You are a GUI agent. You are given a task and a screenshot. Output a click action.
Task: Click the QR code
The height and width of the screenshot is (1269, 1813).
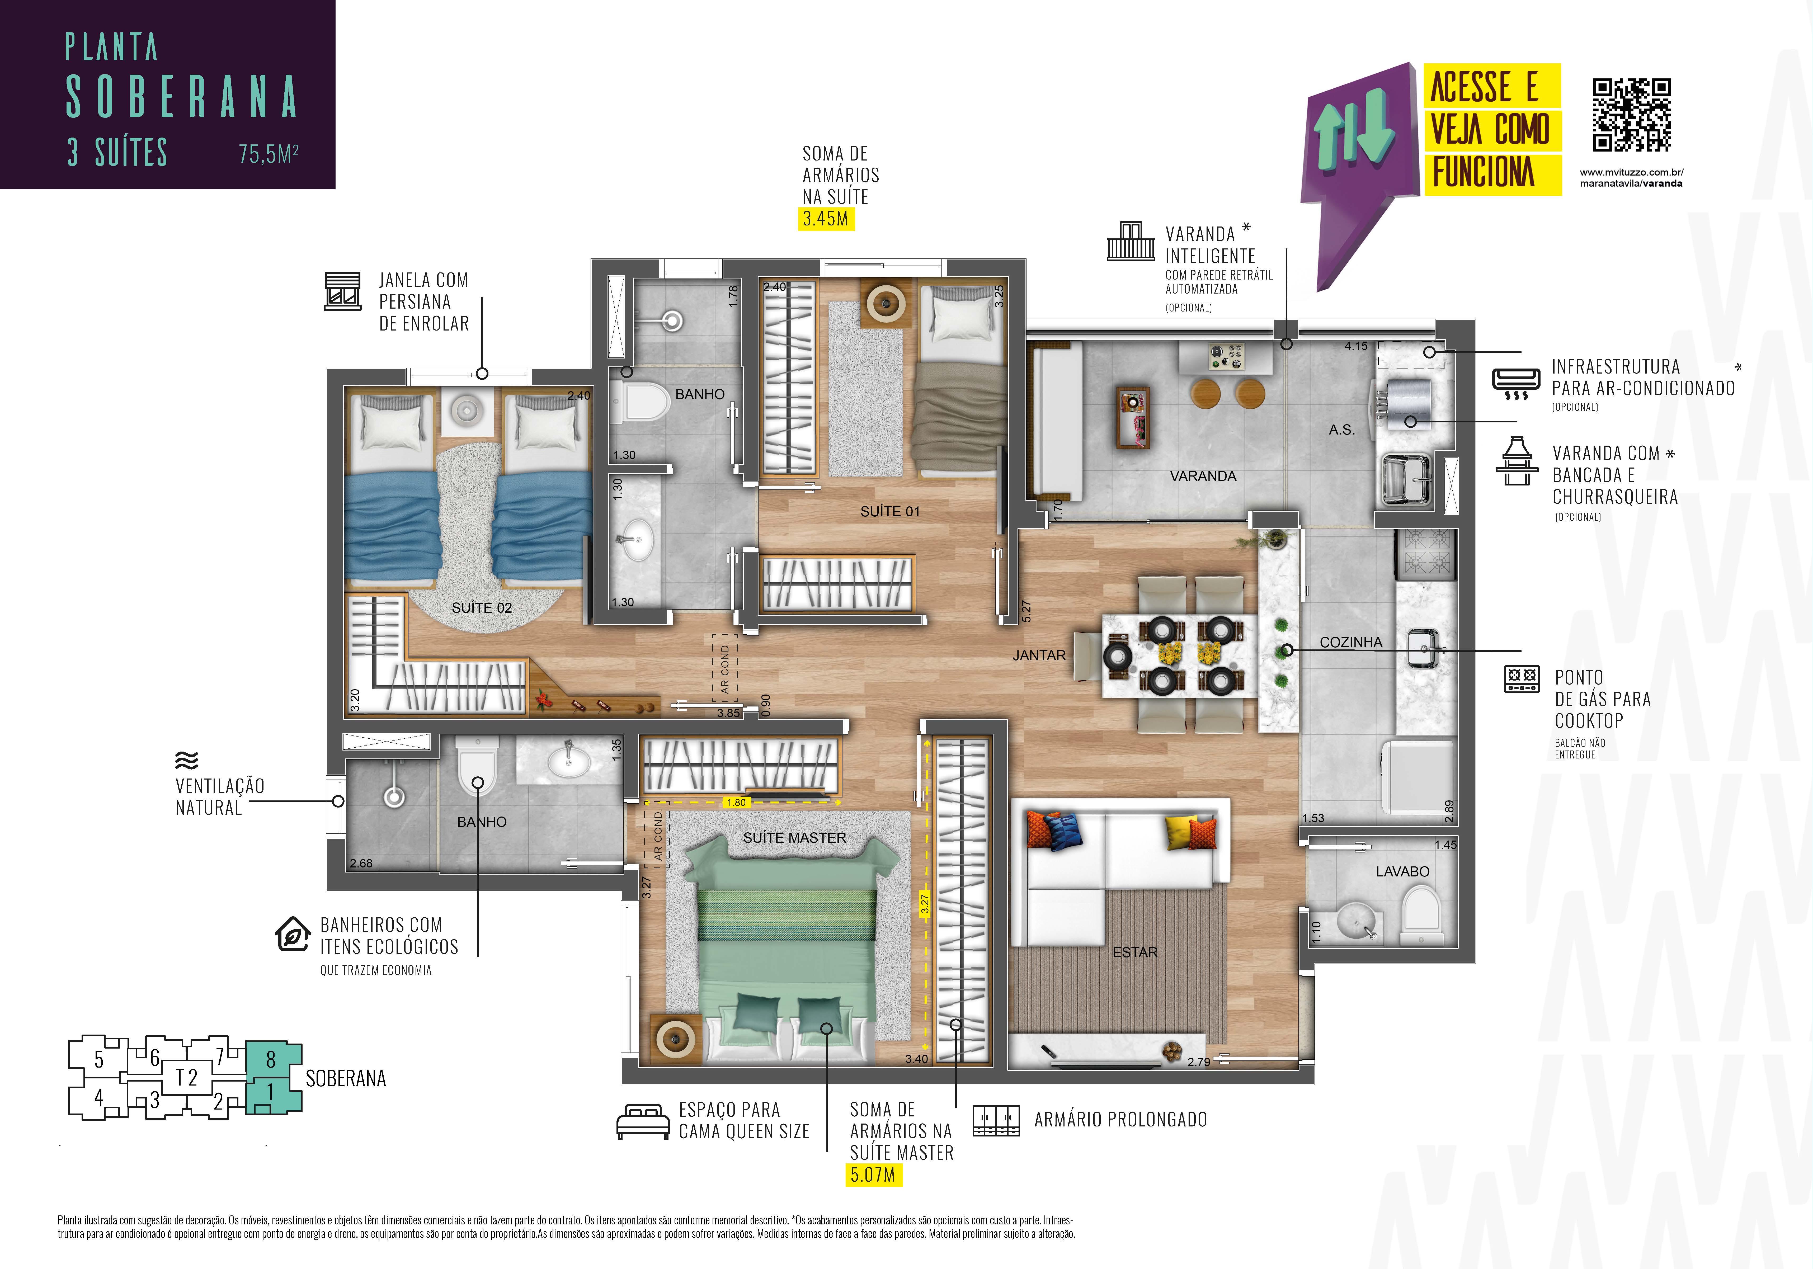[1631, 115]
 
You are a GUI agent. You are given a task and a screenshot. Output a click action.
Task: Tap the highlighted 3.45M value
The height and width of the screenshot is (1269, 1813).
[825, 219]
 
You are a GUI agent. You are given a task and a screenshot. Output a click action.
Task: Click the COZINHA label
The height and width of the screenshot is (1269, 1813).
[1351, 642]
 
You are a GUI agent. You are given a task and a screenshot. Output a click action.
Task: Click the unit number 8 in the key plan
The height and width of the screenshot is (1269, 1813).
[271, 1060]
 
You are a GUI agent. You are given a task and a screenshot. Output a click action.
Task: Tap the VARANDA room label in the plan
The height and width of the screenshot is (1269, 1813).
[1203, 476]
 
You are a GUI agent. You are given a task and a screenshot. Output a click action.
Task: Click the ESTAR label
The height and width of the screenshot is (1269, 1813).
[1135, 952]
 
